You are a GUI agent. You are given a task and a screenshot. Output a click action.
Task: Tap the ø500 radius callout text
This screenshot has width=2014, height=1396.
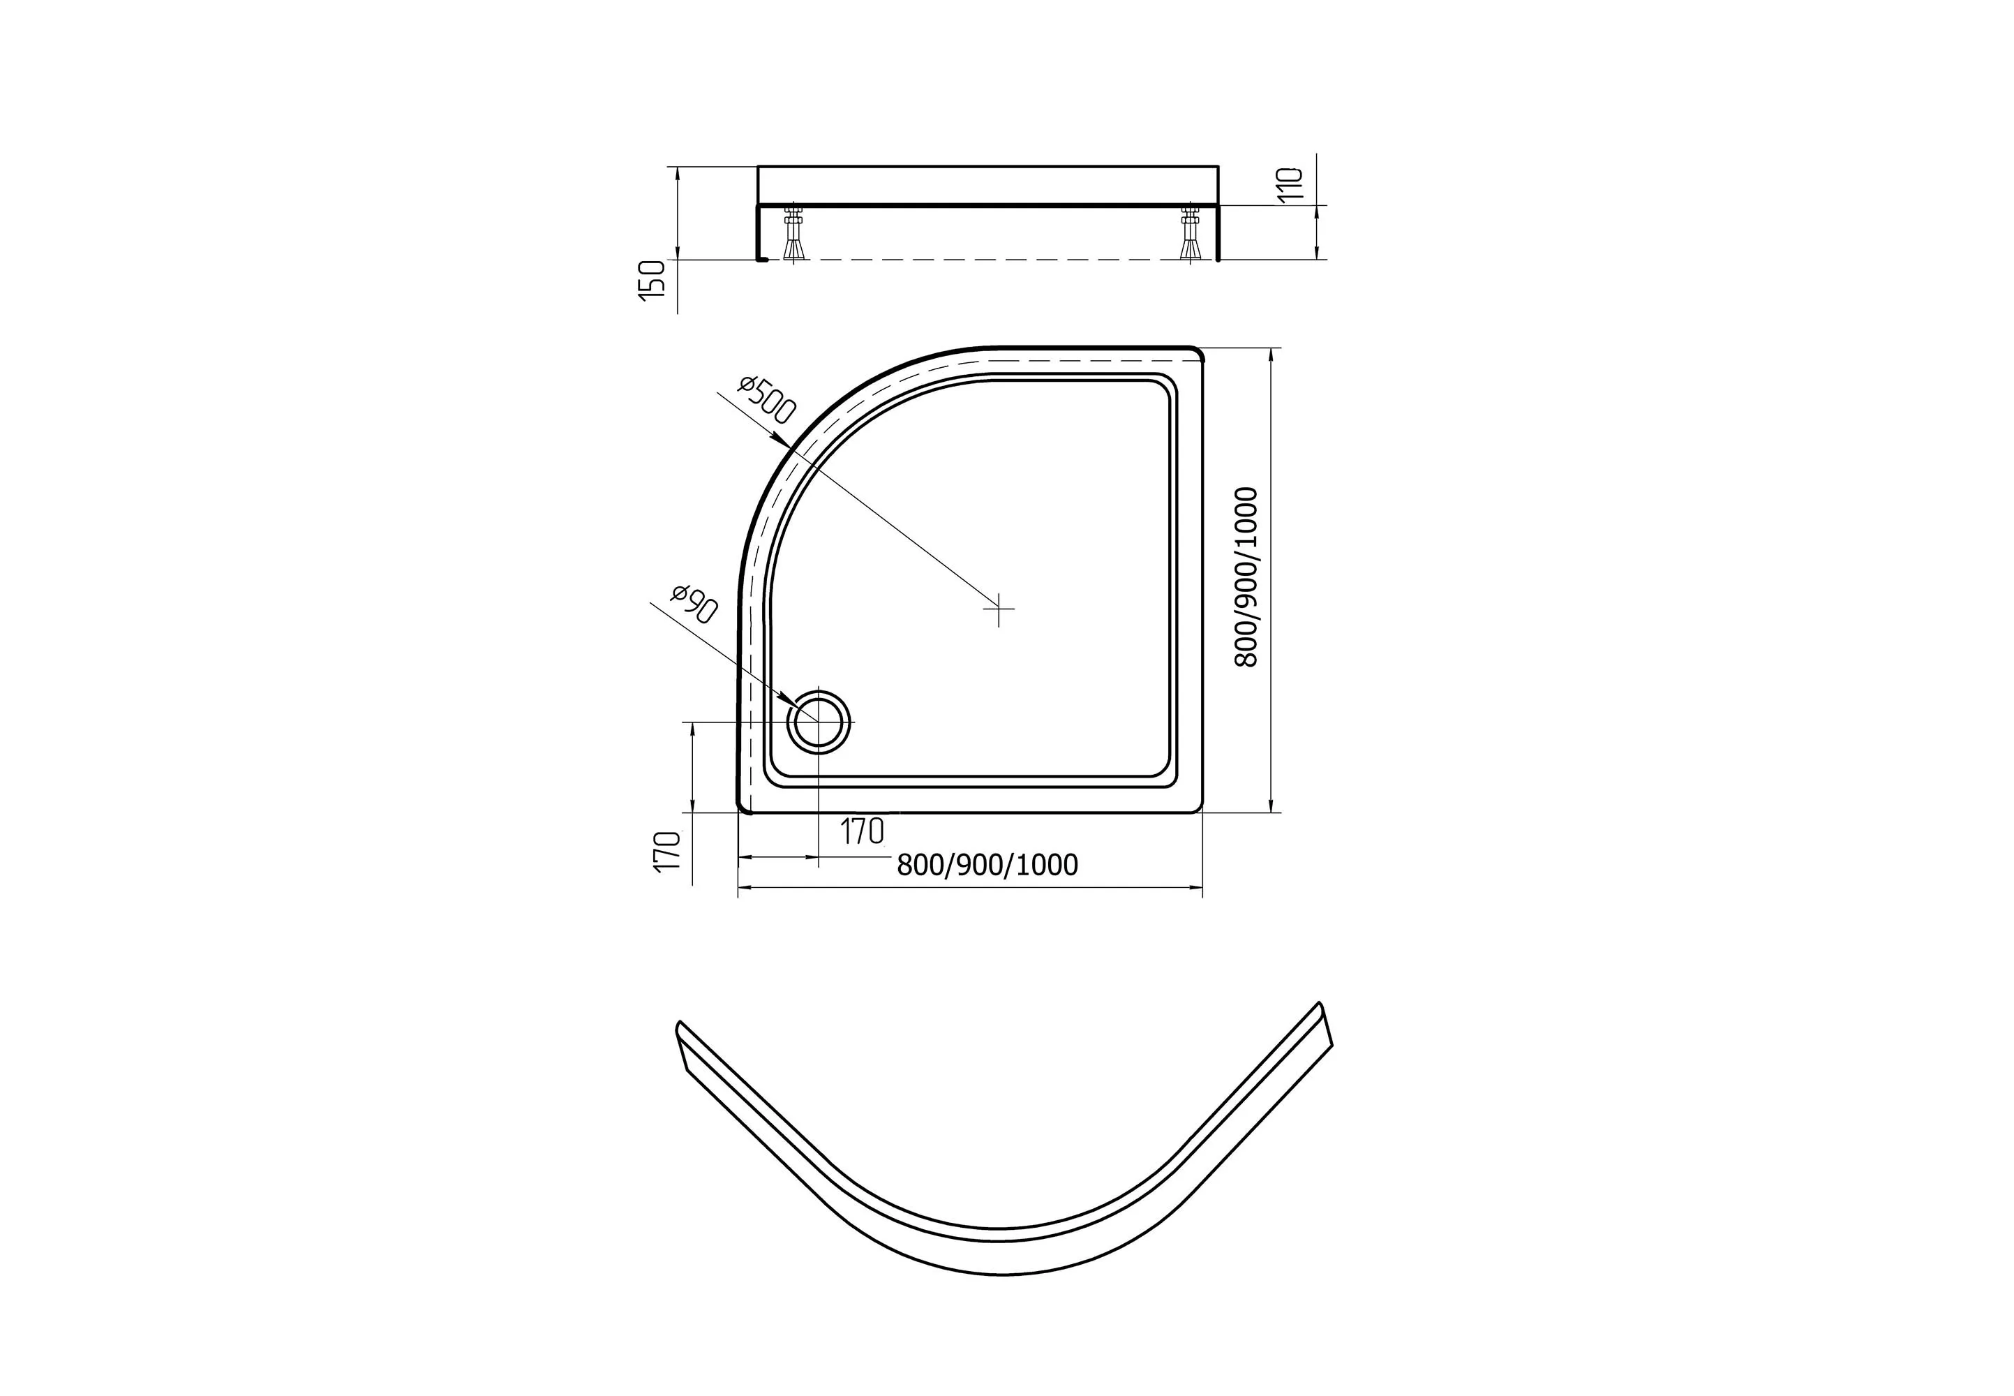tap(767, 400)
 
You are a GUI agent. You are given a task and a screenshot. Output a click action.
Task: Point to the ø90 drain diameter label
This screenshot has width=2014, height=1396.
tap(694, 604)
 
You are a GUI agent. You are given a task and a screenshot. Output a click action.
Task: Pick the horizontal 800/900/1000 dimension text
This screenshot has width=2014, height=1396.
tap(987, 865)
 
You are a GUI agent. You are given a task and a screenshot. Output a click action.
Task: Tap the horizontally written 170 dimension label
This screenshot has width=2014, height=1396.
tap(863, 832)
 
